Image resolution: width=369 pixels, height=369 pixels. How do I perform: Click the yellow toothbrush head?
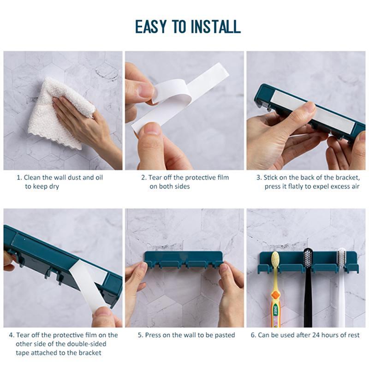point(275,261)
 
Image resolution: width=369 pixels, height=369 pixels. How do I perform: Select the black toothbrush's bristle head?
point(308,258)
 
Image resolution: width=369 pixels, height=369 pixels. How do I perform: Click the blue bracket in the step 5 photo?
point(184,258)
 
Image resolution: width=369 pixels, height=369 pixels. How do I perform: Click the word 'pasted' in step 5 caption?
point(224,335)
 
